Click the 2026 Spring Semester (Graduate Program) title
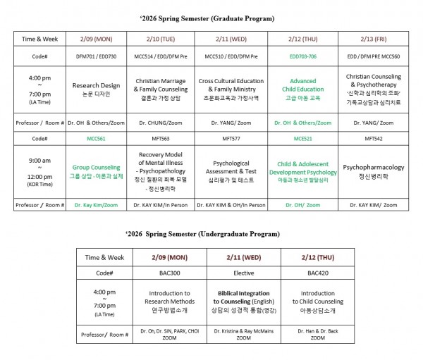coord(211,18)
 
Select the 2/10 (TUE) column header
coord(161,39)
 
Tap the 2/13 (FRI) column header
coord(374,39)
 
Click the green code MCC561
coord(97,139)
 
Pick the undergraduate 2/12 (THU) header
coord(317,256)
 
